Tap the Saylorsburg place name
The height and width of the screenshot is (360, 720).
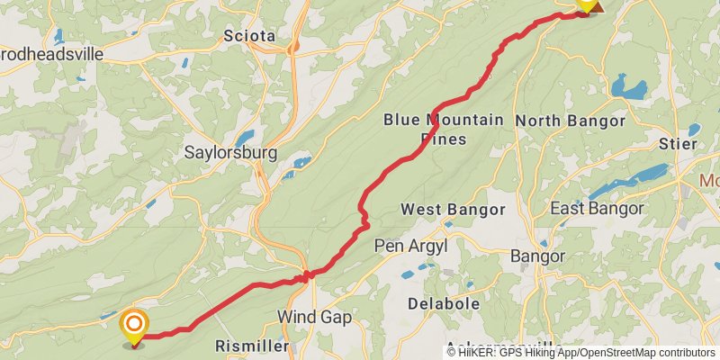(x=230, y=152)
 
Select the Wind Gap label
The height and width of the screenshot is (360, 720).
(x=314, y=317)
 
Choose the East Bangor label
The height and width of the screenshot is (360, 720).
(x=597, y=209)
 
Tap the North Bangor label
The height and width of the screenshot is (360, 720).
(x=570, y=121)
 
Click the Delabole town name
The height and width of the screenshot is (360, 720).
(x=443, y=304)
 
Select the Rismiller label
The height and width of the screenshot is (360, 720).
(x=252, y=346)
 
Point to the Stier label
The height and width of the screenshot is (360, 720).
(x=678, y=144)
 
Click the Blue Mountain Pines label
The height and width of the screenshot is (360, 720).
(x=444, y=129)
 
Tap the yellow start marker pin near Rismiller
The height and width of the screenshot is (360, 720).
(x=134, y=327)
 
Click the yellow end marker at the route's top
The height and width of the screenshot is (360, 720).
(x=586, y=4)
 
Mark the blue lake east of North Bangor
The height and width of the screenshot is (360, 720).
(x=629, y=88)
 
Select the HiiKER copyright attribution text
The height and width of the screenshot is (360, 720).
(x=580, y=352)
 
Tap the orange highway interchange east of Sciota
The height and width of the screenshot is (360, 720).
(x=292, y=45)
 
